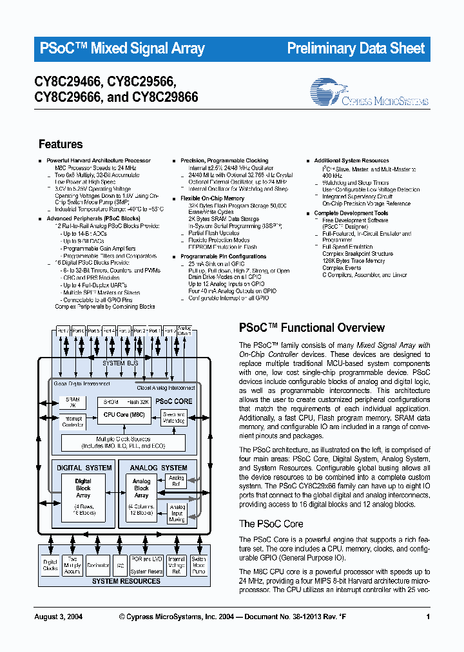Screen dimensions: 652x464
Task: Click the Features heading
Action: click(61, 144)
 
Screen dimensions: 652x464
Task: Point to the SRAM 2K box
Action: click(72, 402)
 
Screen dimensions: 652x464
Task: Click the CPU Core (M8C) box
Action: click(124, 414)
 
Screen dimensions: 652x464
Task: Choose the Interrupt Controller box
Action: click(72, 421)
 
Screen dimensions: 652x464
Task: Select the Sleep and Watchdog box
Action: click(174, 417)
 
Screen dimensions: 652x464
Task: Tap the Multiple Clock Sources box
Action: click(122, 442)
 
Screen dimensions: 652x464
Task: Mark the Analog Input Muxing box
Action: click(177, 513)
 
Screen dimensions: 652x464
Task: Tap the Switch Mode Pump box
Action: click(199, 565)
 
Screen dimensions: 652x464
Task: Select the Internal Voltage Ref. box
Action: click(176, 565)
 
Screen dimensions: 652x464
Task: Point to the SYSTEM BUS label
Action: click(121, 363)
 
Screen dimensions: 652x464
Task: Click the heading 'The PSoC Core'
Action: click(271, 524)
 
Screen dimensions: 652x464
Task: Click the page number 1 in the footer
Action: click(428, 617)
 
